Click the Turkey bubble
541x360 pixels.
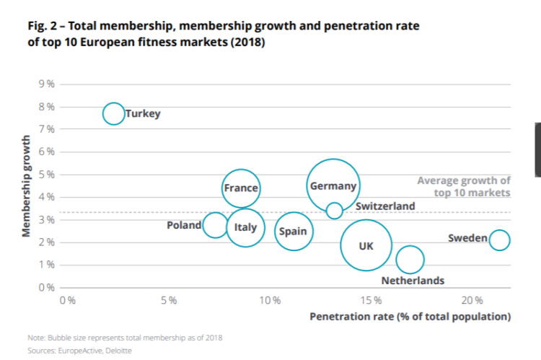pos(113,113)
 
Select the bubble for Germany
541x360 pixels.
pos(333,186)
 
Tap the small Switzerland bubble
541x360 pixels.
pos(334,211)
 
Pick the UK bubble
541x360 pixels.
pos(366,245)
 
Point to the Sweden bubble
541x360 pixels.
pos(498,240)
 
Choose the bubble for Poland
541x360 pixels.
pos(214,225)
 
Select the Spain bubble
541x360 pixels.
pos(293,232)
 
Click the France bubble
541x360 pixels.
pos(240,188)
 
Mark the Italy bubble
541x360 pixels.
pos(245,228)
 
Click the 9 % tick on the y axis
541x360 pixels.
pos(47,84)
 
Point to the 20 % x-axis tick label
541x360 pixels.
pos(472,299)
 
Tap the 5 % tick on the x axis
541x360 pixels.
pos(169,299)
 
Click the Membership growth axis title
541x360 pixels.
pos(26,185)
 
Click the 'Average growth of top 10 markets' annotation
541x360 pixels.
pos(464,187)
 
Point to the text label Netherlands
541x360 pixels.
pos(413,281)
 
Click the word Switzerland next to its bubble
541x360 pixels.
pos(385,206)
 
